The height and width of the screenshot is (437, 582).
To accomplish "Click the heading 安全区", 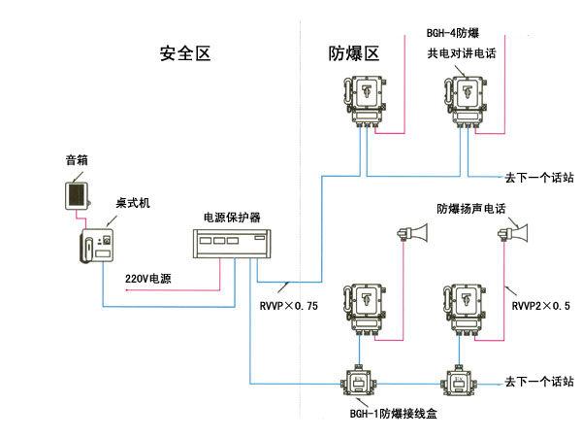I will click(x=188, y=52).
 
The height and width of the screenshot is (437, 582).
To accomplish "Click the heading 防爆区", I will click(x=357, y=52).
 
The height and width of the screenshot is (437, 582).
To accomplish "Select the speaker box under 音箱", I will click(x=76, y=194).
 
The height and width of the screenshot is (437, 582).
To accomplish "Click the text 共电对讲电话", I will click(x=462, y=54).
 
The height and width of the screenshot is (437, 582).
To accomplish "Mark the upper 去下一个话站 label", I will click(x=539, y=178).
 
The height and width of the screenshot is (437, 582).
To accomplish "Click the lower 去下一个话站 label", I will click(x=539, y=382).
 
